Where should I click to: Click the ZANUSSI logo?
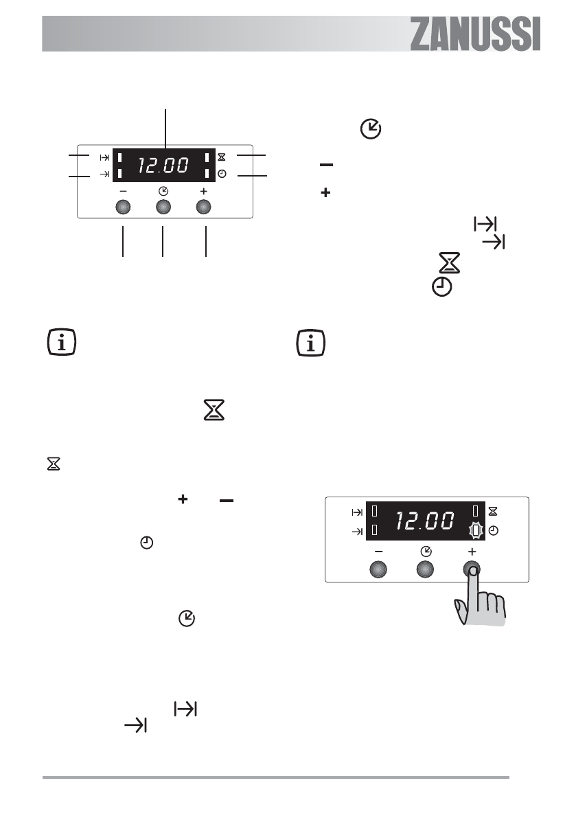pos(475,34)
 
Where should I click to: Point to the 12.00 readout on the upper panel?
pos(163,166)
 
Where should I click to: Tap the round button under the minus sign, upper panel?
pos(122,207)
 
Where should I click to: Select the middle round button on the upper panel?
pos(163,207)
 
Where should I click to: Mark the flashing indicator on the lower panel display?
pos(476,531)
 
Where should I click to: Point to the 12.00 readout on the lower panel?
pos(425,521)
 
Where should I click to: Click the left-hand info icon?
pos(62,343)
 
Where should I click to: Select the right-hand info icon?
pos(311,343)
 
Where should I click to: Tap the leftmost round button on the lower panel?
pos(378,569)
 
